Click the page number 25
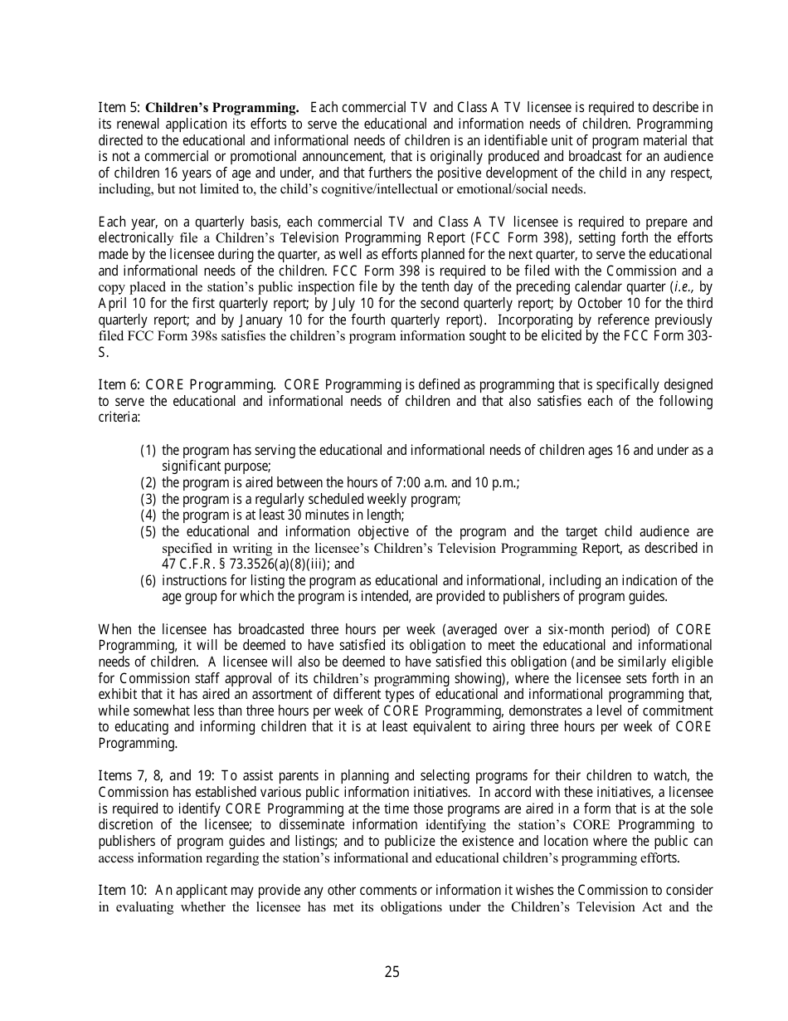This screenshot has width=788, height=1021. pyautogui.click(x=392, y=972)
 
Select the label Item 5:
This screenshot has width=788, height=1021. pyautogui.click(x=119, y=108)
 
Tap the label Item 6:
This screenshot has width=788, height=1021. pyautogui.click(x=119, y=385)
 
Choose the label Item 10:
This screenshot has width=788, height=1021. pyautogui.click(x=123, y=891)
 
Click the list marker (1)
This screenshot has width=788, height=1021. pyautogui.click(x=148, y=451)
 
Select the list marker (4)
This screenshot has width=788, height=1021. pyautogui.click(x=148, y=515)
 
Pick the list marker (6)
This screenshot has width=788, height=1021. pyautogui.click(x=148, y=580)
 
